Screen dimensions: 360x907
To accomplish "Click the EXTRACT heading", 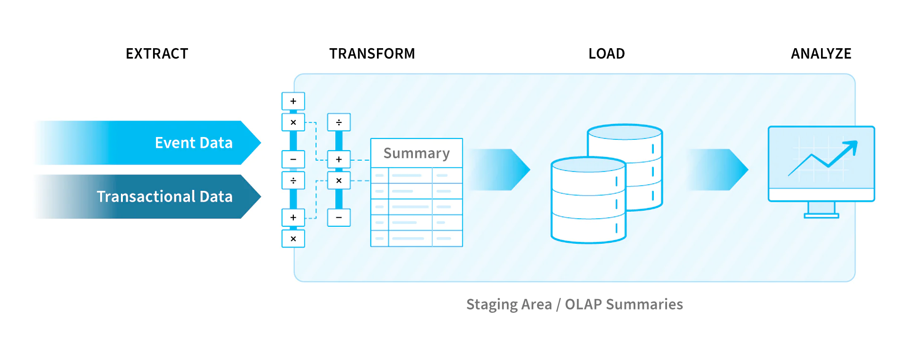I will (157, 54).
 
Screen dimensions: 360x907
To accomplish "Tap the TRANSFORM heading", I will (372, 54).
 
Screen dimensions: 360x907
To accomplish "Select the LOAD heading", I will (606, 54).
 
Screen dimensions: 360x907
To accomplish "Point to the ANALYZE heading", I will (821, 54).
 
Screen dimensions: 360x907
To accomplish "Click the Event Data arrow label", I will (193, 143).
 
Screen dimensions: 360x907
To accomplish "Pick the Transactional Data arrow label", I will (164, 197).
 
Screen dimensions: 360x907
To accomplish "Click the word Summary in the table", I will (416, 153).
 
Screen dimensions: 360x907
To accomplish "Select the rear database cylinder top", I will (625, 132).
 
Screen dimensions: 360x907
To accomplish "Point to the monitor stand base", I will (821, 216).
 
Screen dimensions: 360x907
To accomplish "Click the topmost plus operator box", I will (293, 101).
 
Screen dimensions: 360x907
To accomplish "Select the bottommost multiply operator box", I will (293, 239).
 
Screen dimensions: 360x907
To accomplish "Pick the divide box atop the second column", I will (339, 122).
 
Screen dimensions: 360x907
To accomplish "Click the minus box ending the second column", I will (339, 217).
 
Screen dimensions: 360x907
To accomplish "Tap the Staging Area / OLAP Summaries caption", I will (574, 304).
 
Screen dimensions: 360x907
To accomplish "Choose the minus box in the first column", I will (293, 159).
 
